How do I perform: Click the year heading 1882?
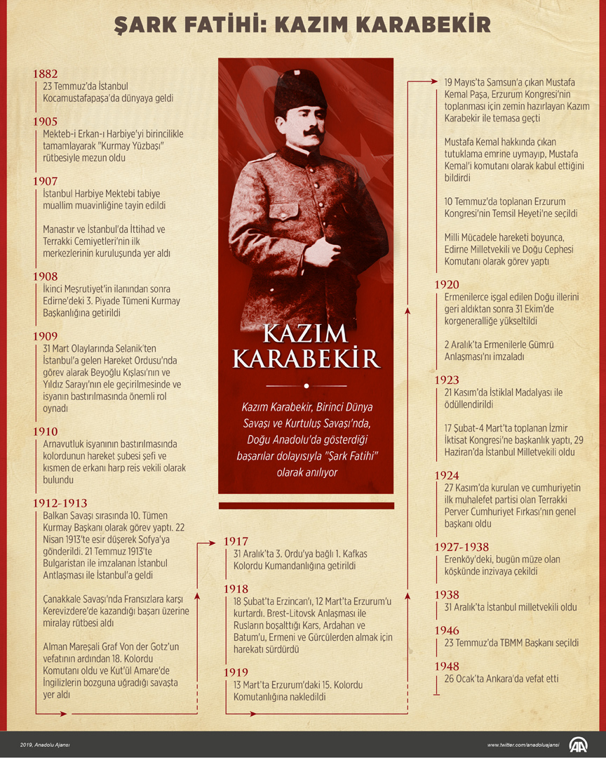(45, 74)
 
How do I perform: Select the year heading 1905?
(45, 122)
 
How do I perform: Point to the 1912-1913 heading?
(60, 503)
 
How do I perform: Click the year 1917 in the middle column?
(236, 541)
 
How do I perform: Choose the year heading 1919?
(236, 672)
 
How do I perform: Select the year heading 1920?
(447, 285)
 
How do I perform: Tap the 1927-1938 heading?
(462, 547)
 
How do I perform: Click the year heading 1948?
(447, 666)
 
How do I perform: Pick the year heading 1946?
(447, 631)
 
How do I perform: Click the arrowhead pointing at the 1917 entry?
(214, 542)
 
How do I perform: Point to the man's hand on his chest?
(326, 247)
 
